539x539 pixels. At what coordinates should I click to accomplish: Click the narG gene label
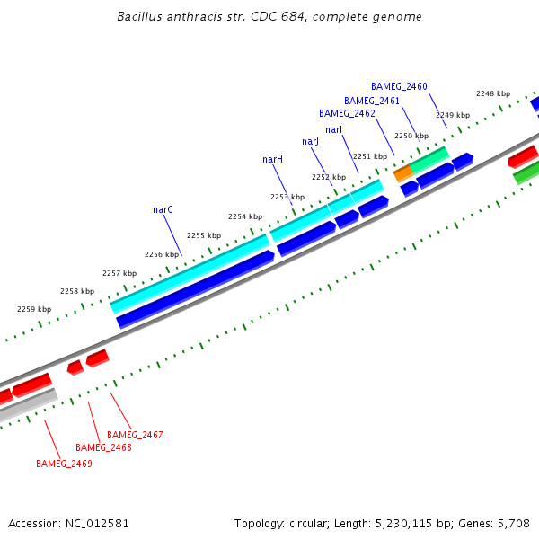click(163, 209)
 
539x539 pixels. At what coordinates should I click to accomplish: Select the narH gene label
click(273, 159)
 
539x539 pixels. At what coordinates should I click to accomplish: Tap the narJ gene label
click(311, 142)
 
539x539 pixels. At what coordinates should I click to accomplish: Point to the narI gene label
click(333, 130)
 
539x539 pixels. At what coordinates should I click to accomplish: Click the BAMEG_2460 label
click(399, 86)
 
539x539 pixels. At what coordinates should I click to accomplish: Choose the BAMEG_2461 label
click(372, 101)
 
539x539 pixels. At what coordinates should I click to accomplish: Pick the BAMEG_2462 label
click(347, 113)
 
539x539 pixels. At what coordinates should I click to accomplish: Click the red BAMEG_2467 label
click(135, 435)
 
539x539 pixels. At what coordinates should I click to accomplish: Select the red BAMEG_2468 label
click(103, 447)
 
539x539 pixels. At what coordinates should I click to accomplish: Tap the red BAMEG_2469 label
click(64, 464)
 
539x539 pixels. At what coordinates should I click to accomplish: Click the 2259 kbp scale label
click(34, 309)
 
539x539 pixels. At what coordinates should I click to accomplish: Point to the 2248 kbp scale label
click(492, 93)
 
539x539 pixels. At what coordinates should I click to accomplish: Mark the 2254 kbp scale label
click(244, 216)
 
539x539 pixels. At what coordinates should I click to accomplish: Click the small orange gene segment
click(403, 170)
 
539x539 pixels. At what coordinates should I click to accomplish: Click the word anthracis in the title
click(188, 17)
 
